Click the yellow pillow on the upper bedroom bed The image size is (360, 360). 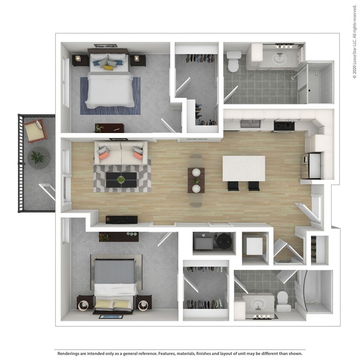(x=108, y=67)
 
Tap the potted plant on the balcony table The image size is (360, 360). (x=38, y=157)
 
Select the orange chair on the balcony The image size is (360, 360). (x=35, y=131)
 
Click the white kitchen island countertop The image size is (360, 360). (x=244, y=168)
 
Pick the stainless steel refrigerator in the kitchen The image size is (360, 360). (x=311, y=166)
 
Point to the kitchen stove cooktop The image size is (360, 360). (x=284, y=125)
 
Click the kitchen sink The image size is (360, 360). (x=250, y=124)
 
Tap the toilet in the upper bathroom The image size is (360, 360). (x=234, y=61)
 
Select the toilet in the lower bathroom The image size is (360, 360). (x=283, y=301)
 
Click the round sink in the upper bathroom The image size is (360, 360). (x=279, y=59)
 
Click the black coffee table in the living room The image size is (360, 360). (x=122, y=180)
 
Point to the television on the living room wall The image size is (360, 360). (x=122, y=220)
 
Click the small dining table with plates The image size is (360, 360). (x=196, y=180)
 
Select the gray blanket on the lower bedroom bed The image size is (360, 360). (x=114, y=271)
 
